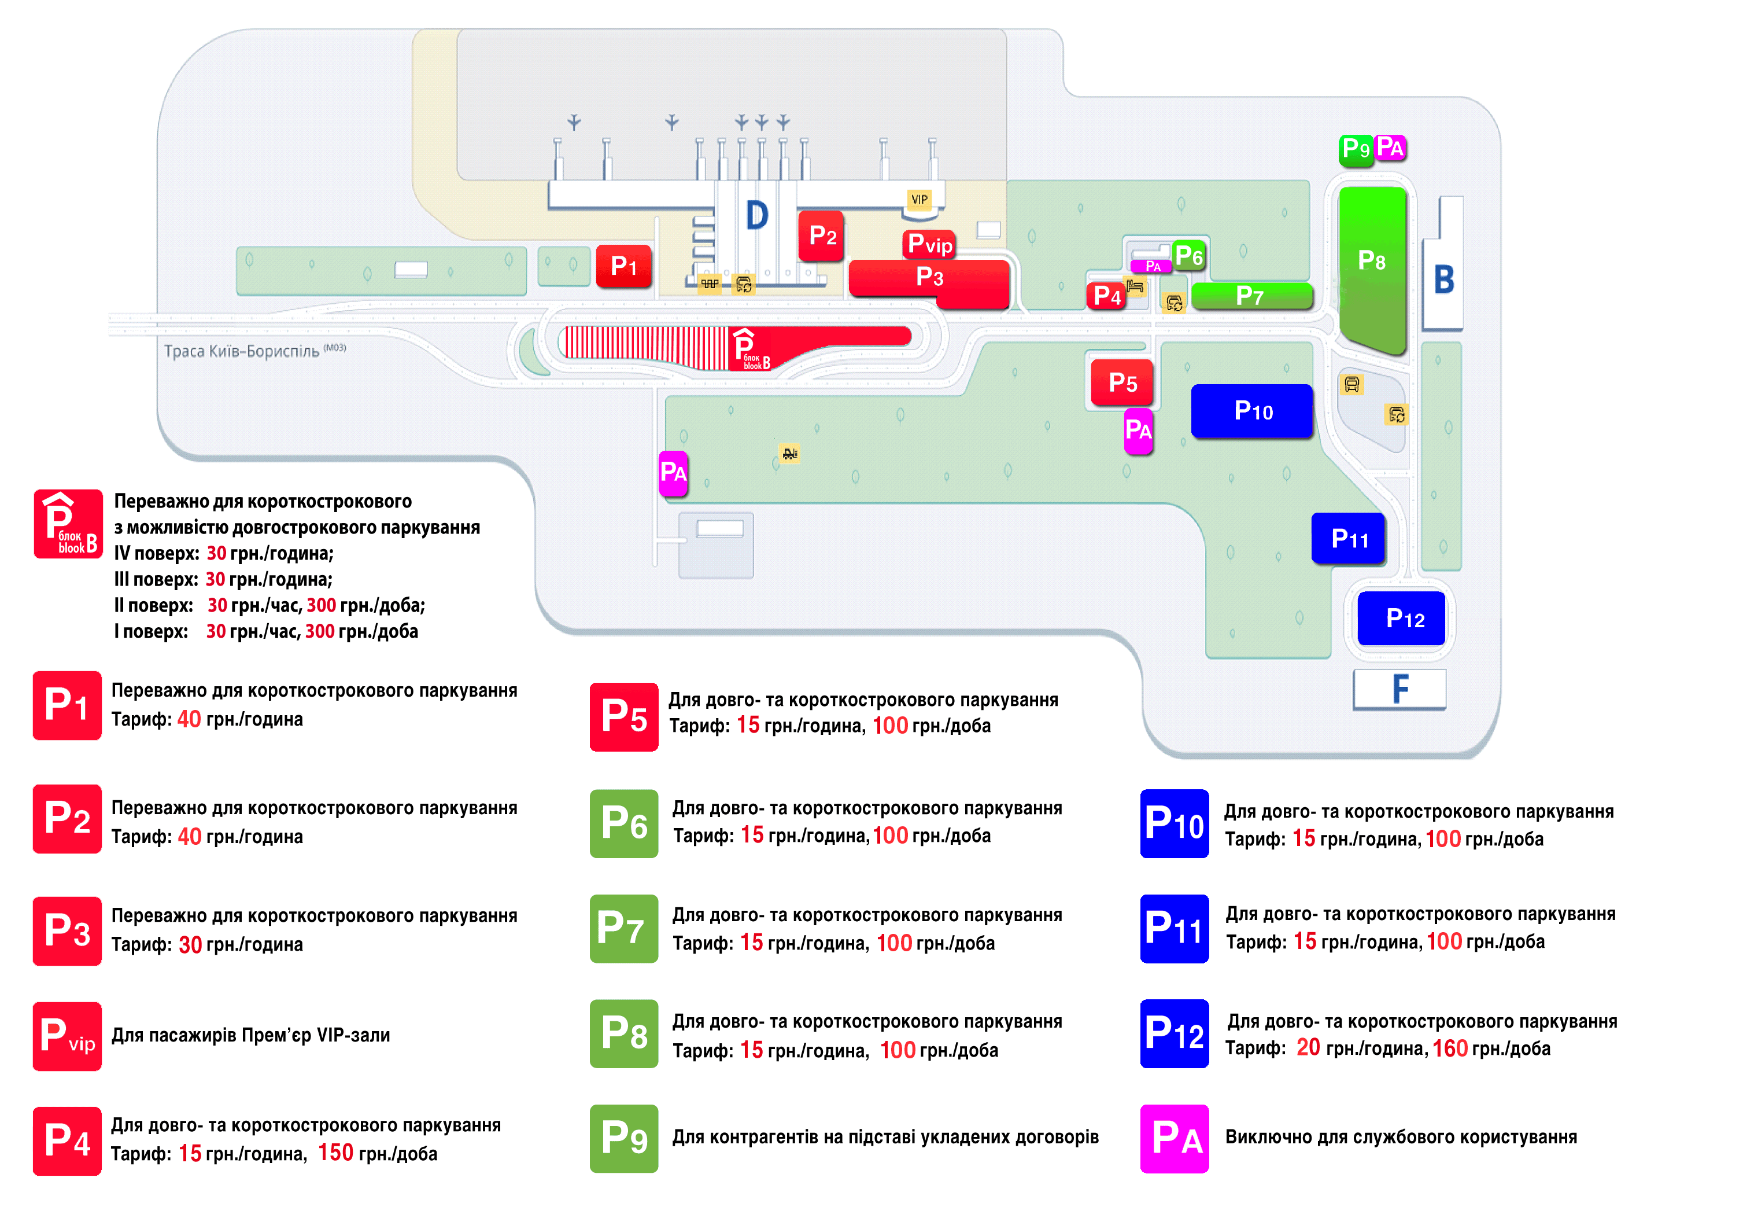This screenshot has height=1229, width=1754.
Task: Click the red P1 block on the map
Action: pyautogui.click(x=623, y=266)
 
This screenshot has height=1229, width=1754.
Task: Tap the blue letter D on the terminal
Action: pyautogui.click(x=756, y=215)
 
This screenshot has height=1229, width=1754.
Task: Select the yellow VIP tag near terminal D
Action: pyautogui.click(x=919, y=200)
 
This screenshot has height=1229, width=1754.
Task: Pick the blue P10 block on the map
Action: pyautogui.click(x=1252, y=411)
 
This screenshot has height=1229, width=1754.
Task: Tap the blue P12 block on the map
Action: pyautogui.click(x=1402, y=619)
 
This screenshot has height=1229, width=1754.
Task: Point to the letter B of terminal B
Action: pyautogui.click(x=1444, y=279)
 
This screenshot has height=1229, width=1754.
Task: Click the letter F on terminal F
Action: pyautogui.click(x=1400, y=689)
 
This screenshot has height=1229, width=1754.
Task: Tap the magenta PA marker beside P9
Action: pyautogui.click(x=1390, y=148)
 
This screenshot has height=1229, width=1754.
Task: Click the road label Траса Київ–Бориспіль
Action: pyautogui.click(x=241, y=351)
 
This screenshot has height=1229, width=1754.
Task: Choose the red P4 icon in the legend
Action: pyautogui.click(x=67, y=1140)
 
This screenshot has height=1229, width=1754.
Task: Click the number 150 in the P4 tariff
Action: pyautogui.click(x=335, y=1153)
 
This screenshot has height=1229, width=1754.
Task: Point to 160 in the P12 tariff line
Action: pyautogui.click(x=1450, y=1048)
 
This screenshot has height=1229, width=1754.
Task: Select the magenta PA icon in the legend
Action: pyautogui.click(x=1174, y=1138)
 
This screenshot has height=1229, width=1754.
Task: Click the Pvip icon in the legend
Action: pyautogui.click(x=67, y=1036)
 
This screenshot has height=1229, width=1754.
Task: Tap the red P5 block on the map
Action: pyautogui.click(x=1121, y=382)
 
